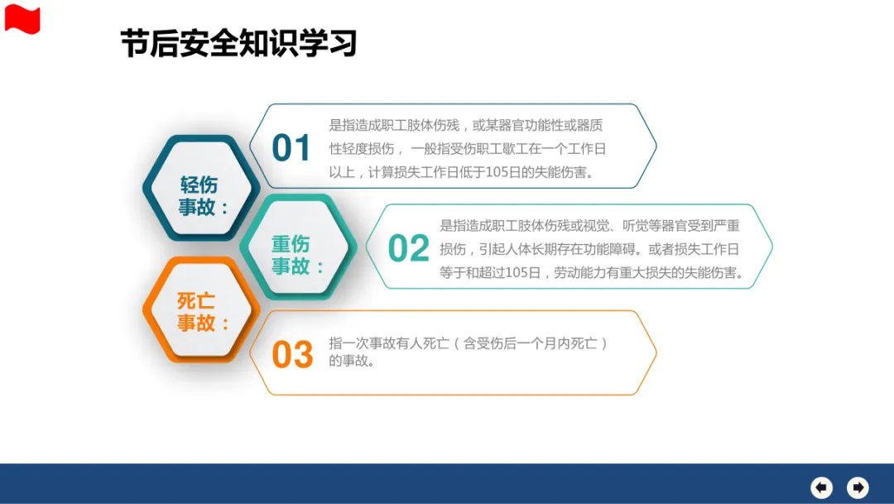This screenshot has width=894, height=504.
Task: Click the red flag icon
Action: coord(22,19)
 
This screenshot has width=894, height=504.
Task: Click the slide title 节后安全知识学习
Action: coord(239,43)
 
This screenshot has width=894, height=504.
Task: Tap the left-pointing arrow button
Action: coord(822,487)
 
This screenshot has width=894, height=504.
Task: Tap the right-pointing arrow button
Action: coord(858,487)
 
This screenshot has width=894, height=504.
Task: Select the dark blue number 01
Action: coord(291,148)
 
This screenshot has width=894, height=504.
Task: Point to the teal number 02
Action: coord(408,248)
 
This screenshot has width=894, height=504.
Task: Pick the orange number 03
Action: coord(292,354)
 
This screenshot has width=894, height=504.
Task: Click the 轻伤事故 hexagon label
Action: coord(203,195)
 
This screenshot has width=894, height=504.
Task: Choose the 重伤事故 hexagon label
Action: coord(296,255)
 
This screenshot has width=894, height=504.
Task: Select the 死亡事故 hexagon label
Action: coord(203,312)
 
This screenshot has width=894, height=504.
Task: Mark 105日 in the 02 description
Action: coord(523,273)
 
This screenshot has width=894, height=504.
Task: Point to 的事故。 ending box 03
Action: coord(352,361)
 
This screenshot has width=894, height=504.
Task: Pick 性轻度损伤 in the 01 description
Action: coord(362,149)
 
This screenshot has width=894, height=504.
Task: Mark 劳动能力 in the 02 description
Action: coord(579,273)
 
